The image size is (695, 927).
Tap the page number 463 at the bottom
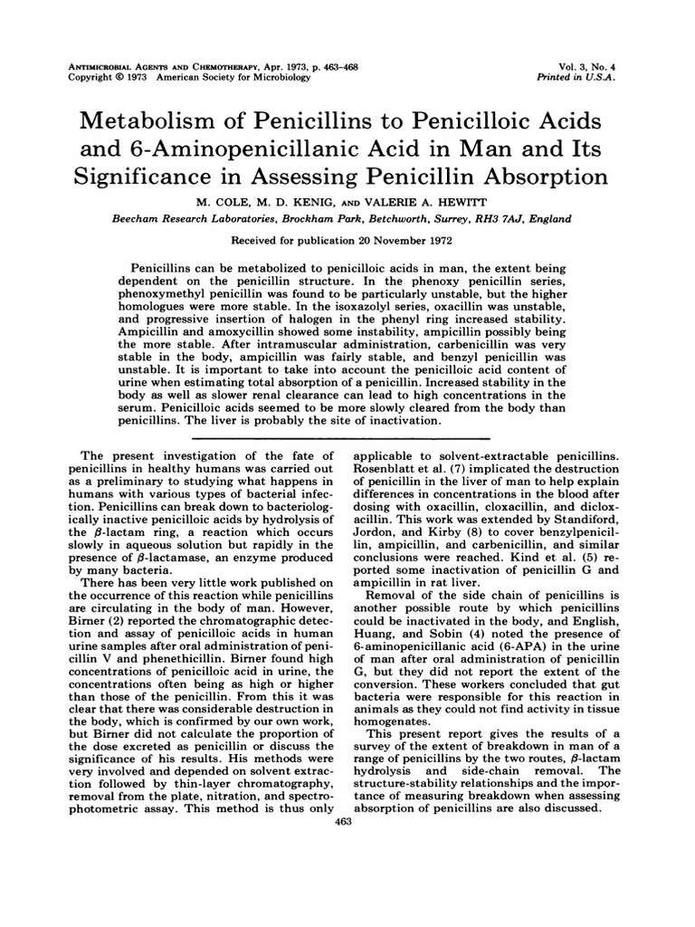343,821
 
